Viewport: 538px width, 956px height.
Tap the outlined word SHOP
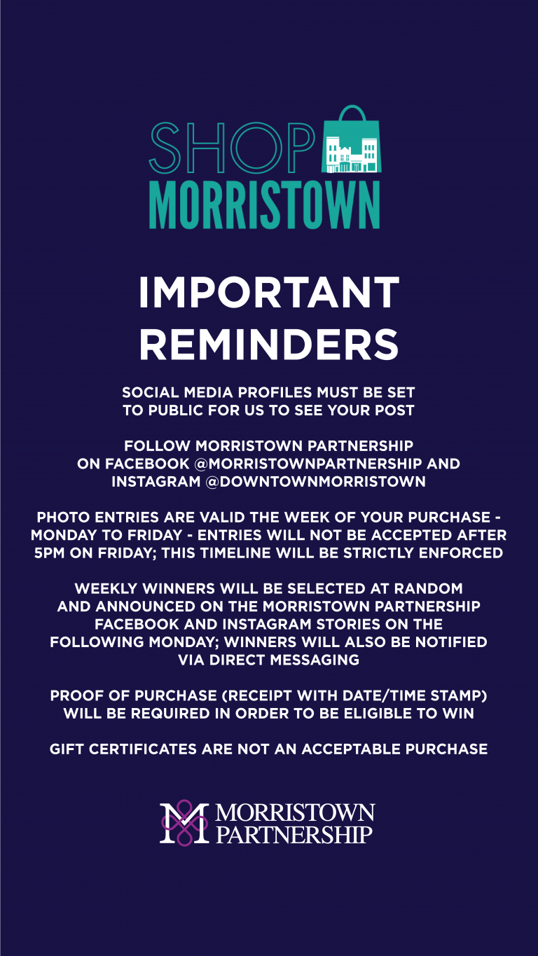click(232, 148)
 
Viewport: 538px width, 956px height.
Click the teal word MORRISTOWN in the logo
click(265, 206)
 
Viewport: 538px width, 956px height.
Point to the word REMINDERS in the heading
click(269, 345)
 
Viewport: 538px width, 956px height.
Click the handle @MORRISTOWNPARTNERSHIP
click(308, 464)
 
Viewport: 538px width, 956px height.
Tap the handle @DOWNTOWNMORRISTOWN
click(315, 481)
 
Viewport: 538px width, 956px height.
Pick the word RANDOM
click(428, 588)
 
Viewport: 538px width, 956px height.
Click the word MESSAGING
click(315, 660)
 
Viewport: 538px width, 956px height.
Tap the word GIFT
click(66, 749)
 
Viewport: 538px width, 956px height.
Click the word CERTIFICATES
click(143, 749)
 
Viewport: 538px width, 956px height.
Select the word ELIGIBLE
click(378, 713)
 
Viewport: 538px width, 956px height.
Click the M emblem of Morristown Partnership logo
click(184, 822)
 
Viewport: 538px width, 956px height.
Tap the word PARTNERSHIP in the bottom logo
click(294, 834)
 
